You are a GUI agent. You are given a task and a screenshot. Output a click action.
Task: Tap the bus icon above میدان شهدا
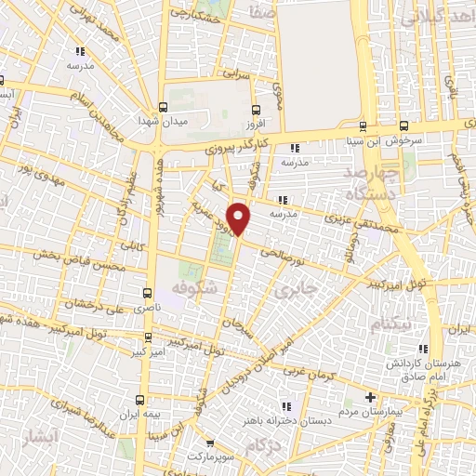tap(164, 107)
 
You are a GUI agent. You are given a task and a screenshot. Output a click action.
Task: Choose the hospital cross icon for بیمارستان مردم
tap(370, 397)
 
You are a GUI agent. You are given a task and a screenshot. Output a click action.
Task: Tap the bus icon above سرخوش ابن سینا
tap(403, 127)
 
